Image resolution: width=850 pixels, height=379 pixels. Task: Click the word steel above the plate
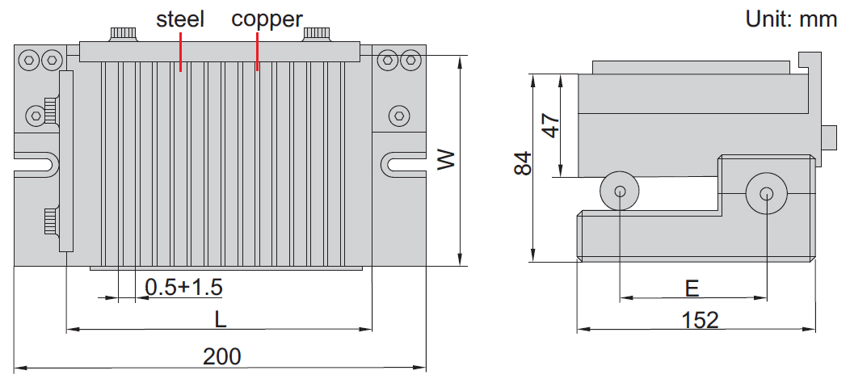(180, 18)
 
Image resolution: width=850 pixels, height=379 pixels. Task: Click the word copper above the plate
(267, 18)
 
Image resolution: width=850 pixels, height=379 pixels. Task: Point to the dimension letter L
(220, 318)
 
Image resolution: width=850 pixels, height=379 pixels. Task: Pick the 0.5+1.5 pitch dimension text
(183, 287)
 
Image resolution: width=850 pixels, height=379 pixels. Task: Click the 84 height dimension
(523, 164)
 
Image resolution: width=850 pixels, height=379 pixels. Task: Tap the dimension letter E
(692, 288)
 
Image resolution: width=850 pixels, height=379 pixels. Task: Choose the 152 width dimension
(700, 320)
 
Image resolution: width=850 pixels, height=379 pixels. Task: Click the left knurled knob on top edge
(124, 34)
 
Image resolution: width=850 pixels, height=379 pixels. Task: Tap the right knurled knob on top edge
(317, 34)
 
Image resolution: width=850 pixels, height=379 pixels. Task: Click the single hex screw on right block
(397, 116)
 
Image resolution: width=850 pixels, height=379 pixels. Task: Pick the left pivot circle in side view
(620, 192)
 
